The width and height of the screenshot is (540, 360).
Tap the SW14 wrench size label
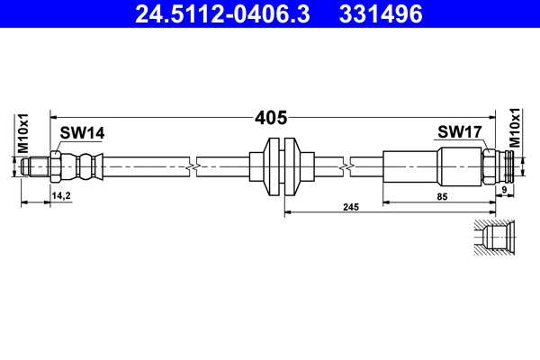pos(83,133)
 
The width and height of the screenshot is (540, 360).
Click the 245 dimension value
pos(351,207)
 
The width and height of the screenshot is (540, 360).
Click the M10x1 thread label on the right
pos(516,128)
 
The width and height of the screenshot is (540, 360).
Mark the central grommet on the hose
pos(281,167)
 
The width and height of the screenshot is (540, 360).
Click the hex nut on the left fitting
pos(57,167)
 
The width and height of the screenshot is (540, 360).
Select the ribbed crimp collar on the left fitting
pos(85,167)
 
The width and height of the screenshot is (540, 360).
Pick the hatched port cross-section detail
pos(492,239)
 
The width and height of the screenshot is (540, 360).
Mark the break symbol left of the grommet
pos(192,167)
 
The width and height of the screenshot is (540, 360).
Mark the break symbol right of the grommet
pos(345,167)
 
